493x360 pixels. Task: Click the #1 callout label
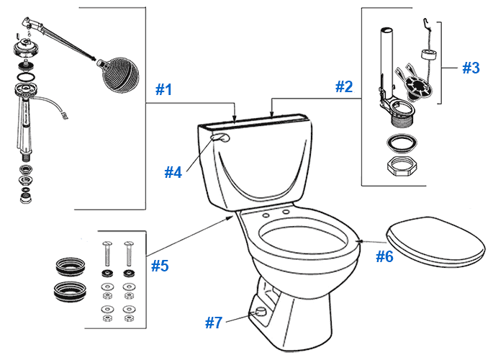click(x=165, y=90)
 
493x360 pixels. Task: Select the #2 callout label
click(x=344, y=87)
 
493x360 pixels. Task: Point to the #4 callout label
click(x=173, y=172)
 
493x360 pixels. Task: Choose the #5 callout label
click(x=160, y=266)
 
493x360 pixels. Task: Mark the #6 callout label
click(x=385, y=256)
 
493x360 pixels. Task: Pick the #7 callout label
click(x=214, y=323)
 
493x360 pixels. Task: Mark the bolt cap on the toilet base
click(x=257, y=312)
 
